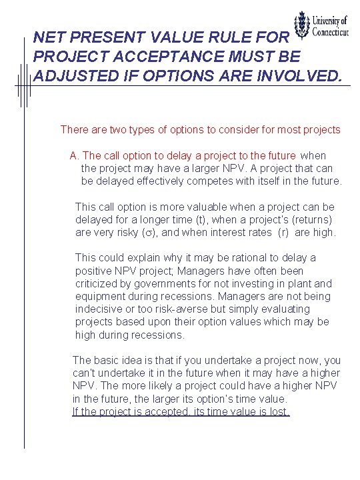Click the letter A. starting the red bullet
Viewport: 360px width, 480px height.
tap(75, 155)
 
